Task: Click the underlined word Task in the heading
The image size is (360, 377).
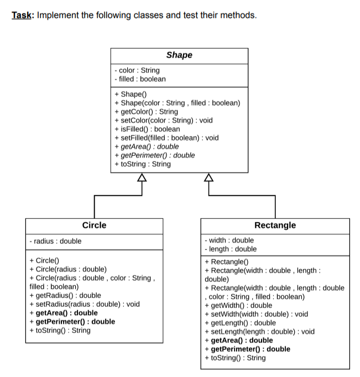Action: point(22,15)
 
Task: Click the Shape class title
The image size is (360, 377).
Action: point(179,55)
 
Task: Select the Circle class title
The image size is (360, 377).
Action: point(94,225)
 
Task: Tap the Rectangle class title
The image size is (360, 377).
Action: point(275,225)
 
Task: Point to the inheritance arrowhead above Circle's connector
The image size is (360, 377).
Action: point(142,177)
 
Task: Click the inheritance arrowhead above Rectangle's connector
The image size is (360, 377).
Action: point(208,177)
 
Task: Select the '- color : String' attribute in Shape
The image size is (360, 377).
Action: point(137,70)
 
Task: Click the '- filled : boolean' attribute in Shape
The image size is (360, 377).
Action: point(139,79)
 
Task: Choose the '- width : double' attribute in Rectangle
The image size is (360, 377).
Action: point(229,240)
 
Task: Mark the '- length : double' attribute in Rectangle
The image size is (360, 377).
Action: point(231,249)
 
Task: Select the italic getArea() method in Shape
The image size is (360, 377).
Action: point(147,146)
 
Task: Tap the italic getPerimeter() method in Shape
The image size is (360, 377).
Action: point(154,155)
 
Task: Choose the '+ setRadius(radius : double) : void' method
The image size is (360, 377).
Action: point(84,304)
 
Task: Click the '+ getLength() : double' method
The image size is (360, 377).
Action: point(240,323)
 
